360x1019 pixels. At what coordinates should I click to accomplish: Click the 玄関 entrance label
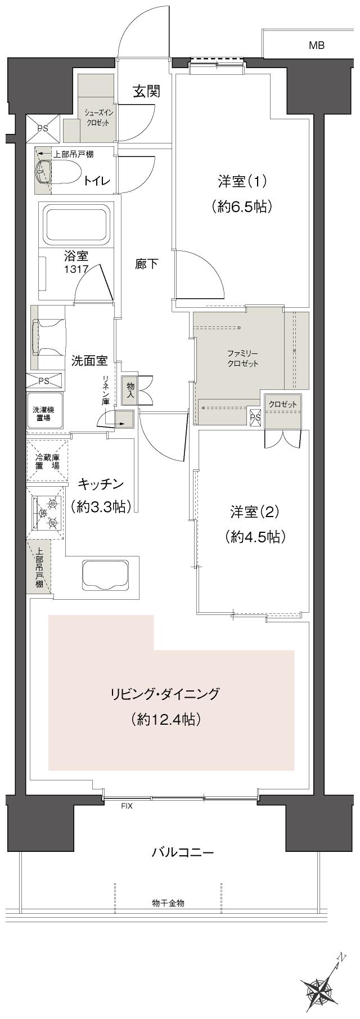click(x=147, y=91)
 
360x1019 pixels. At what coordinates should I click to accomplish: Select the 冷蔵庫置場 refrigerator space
click(x=47, y=461)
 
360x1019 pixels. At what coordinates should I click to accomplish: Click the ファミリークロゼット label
click(x=243, y=358)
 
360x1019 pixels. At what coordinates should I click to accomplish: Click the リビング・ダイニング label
click(x=165, y=694)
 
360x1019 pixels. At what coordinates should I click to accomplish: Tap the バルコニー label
click(x=183, y=852)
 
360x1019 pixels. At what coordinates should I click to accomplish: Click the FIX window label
click(x=127, y=806)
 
